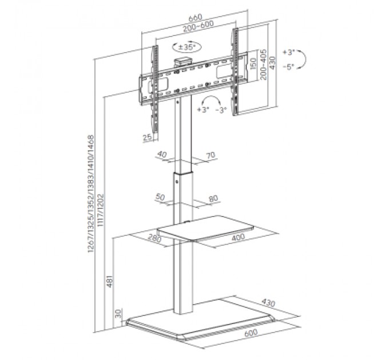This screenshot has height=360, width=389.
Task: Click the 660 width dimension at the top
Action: (196, 18)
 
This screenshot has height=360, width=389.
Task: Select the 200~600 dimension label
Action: (199, 26)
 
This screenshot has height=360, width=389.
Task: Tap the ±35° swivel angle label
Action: (187, 47)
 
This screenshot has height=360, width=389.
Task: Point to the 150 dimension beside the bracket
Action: (253, 64)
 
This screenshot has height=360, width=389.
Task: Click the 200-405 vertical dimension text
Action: (264, 65)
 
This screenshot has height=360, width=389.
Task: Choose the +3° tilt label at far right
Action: (289, 53)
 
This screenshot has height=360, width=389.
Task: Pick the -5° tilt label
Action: (288, 66)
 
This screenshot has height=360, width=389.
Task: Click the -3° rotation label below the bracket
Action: (221, 110)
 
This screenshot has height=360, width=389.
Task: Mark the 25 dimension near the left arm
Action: (147, 138)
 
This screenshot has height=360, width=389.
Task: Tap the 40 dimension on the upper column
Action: (162, 154)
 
